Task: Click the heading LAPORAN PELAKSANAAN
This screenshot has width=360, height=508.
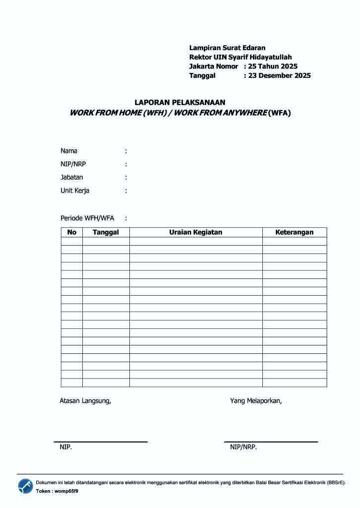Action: [x=180, y=102]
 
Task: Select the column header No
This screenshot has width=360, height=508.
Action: [x=72, y=232]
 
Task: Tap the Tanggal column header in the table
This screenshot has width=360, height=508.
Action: [x=106, y=232]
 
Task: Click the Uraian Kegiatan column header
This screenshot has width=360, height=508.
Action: [x=195, y=232]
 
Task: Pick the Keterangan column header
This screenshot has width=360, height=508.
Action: [x=294, y=232]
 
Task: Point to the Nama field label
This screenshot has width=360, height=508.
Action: [x=69, y=151]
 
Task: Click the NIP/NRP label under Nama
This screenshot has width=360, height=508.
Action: [x=73, y=164]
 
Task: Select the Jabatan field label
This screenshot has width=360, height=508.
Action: [x=72, y=177]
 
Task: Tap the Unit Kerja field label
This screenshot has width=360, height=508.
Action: [x=75, y=190]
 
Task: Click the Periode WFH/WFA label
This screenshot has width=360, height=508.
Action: [x=87, y=218]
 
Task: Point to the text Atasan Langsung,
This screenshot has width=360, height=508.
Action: [x=85, y=401]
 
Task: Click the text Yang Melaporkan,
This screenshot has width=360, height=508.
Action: [x=256, y=401]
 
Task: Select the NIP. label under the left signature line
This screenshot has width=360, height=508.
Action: [x=65, y=447]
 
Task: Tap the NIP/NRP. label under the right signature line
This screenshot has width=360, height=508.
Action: [x=243, y=447]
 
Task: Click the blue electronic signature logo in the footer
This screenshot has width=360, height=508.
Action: [x=26, y=486]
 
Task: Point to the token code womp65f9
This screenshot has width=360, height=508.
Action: [x=66, y=491]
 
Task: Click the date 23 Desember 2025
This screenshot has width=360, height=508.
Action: [x=279, y=76]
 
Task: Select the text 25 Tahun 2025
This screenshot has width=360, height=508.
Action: [x=273, y=66]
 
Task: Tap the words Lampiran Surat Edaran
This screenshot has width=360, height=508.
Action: [x=227, y=48]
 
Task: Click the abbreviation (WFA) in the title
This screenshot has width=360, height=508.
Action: [x=279, y=113]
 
